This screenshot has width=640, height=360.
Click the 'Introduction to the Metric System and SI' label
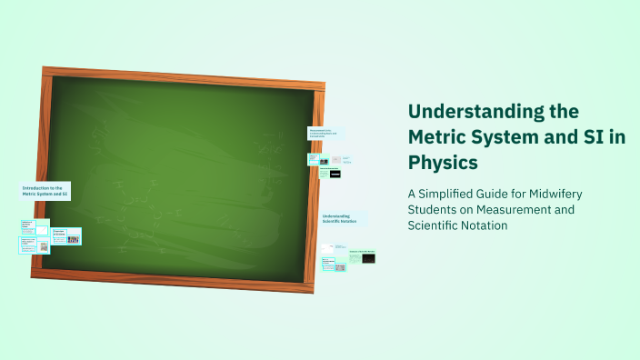(x=45, y=191)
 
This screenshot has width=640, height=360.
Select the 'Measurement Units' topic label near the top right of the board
(x=325, y=133)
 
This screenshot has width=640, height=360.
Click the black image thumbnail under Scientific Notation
(x=368, y=259)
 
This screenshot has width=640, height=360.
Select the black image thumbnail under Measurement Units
(x=335, y=172)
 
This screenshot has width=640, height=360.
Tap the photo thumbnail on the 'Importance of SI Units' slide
(x=73, y=239)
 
